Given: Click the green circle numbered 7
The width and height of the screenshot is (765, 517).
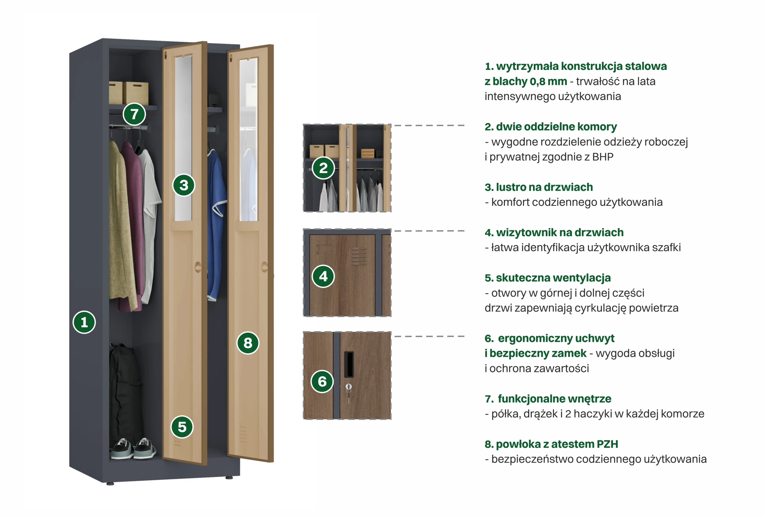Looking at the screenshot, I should (x=134, y=114).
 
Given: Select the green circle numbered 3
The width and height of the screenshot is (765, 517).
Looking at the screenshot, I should (x=184, y=185).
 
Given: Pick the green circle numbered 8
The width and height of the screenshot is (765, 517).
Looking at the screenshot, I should (x=248, y=343).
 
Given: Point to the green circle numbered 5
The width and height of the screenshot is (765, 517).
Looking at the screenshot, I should (x=182, y=427).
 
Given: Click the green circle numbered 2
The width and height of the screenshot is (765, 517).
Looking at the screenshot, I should (x=323, y=168).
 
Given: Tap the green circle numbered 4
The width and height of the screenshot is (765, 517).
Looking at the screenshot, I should (x=323, y=276).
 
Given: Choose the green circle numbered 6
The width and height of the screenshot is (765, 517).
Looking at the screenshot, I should (x=322, y=381).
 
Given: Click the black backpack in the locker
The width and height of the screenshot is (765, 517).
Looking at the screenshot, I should (x=125, y=389).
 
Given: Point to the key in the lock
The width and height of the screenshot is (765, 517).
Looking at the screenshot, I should (x=349, y=389).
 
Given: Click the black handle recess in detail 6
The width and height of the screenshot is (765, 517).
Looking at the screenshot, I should (x=349, y=364).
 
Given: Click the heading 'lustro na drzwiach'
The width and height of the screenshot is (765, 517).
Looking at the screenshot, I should (x=539, y=187).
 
